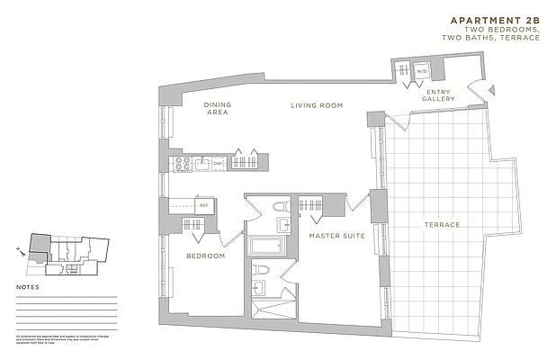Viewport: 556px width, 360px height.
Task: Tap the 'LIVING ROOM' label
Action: (318, 106)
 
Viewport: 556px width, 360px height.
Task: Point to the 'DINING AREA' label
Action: (217, 110)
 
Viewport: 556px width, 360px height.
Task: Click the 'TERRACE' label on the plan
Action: (443, 225)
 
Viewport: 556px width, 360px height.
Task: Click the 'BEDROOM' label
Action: (205, 256)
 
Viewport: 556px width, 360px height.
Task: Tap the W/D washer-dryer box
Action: (420, 69)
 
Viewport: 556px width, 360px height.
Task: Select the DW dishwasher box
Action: (218, 163)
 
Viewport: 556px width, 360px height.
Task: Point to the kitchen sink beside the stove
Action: (201, 163)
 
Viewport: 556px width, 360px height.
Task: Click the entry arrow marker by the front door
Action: (491, 88)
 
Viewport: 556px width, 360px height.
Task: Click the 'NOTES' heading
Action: (29, 289)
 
